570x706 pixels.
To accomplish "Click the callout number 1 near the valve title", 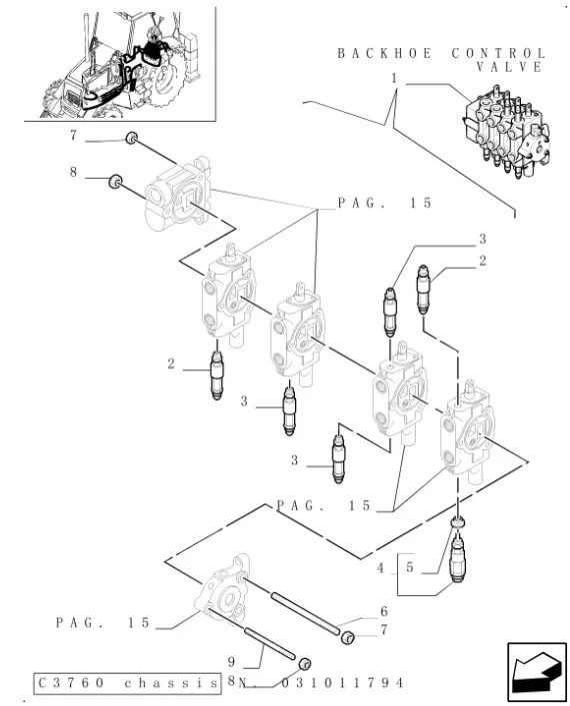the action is [394, 79].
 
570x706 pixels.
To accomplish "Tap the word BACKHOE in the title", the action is [385, 54].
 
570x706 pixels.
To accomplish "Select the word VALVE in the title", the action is [510, 67].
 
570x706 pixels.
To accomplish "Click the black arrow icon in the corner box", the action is [536, 671].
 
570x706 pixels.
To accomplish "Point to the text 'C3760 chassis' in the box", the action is [128, 683].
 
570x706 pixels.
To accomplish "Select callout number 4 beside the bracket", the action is [381, 568].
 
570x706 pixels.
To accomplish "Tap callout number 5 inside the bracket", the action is [409, 567].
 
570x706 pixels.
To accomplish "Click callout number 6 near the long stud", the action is [384, 611].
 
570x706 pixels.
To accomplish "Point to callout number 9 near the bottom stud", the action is [231, 661].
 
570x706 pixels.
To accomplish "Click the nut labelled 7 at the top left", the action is [131, 138].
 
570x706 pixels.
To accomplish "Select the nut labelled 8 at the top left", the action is [116, 181].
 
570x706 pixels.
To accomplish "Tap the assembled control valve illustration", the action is [507, 131].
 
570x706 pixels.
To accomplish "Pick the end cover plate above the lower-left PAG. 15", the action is [222, 588].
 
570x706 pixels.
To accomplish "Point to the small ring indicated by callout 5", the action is [458, 522].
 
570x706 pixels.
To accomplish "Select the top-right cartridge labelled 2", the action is [423, 289].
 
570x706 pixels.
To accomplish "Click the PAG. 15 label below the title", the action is [385, 203].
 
